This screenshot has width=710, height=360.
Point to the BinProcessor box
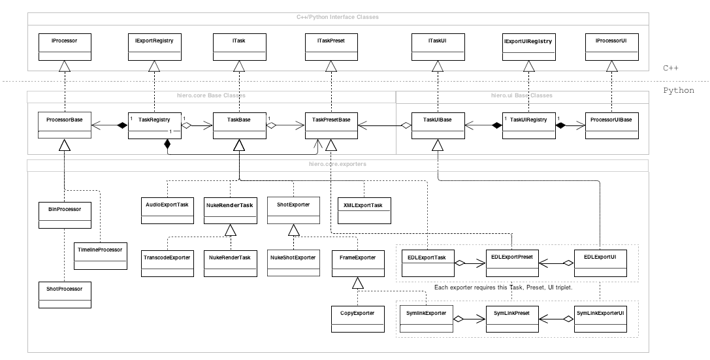(65, 215)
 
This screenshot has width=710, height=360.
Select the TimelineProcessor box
(99, 254)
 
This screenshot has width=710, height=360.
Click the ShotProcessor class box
(65, 293)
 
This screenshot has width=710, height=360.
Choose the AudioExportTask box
(167, 209)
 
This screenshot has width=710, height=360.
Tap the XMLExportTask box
(363, 209)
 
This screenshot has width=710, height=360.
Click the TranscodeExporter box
(167, 262)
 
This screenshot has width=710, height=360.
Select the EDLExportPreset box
(512, 262)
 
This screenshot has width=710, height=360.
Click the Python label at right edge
(678, 91)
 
